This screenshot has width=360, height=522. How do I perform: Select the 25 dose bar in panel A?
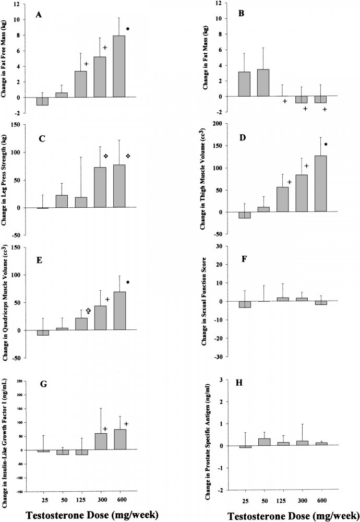(42, 101)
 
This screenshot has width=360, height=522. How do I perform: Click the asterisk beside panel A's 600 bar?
(128, 28)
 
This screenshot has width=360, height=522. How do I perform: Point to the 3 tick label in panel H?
(221, 379)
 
